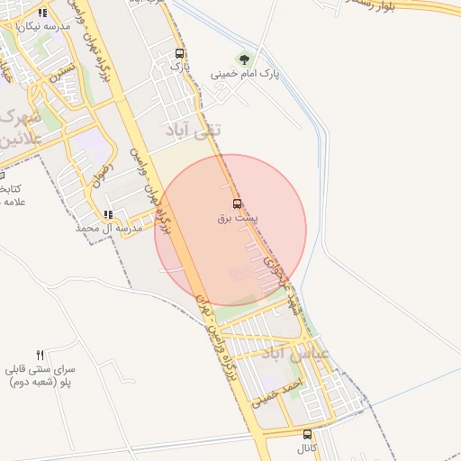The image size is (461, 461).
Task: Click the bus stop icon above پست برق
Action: [237, 203]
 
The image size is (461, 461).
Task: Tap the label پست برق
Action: [238, 218]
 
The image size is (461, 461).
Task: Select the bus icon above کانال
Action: [308, 434]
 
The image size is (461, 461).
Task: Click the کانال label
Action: [308, 447]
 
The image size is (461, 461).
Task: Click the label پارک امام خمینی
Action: [245, 74]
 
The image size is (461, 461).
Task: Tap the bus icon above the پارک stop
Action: [180, 53]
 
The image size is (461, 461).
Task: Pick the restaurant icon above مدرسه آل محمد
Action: [108, 214]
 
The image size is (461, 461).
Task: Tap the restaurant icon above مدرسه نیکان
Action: [42, 13]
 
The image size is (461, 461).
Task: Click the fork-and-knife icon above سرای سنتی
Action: [40, 355]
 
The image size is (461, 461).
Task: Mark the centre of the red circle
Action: [230, 230]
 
